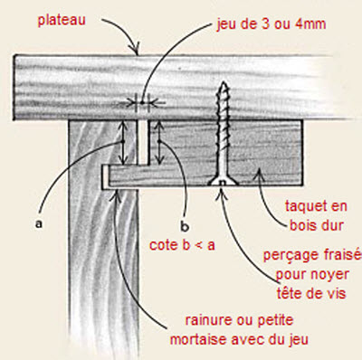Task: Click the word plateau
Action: [x=62, y=21]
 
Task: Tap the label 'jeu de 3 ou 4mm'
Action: [x=271, y=24]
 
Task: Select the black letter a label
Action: [x=39, y=223]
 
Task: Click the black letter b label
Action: [x=185, y=226]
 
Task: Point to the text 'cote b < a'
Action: [x=182, y=245]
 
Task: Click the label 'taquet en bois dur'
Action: [x=317, y=215]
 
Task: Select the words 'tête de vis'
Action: [x=311, y=294]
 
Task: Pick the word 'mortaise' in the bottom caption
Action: [x=198, y=339]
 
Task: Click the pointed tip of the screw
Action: [x=224, y=82]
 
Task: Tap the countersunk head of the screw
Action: [x=223, y=181]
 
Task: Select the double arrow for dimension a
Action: [x=121, y=142]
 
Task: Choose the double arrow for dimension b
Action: [x=159, y=142]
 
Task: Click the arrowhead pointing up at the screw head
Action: [x=222, y=193]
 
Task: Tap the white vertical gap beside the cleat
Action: [x=143, y=142]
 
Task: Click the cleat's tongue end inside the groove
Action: [x=105, y=176]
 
